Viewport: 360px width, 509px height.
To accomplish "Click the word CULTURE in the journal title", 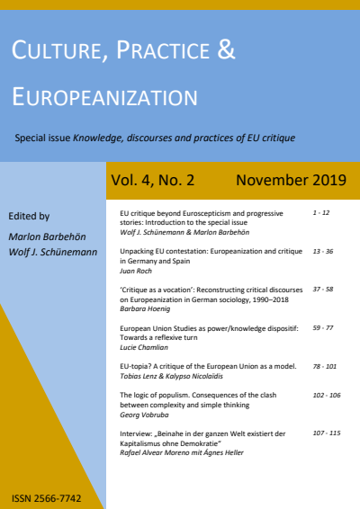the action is click(x=55, y=53).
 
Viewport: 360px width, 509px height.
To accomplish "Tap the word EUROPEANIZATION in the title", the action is click(x=104, y=96).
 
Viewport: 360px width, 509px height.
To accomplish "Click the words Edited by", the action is click(x=28, y=216).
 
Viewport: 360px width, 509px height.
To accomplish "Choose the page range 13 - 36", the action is click(x=323, y=253).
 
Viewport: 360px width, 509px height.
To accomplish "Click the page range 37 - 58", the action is click(x=323, y=290).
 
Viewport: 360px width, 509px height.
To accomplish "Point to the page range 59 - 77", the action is click(x=323, y=328).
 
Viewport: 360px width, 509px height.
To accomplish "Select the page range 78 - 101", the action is click(x=325, y=366).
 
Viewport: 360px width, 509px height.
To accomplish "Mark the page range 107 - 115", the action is click(x=326, y=432).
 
